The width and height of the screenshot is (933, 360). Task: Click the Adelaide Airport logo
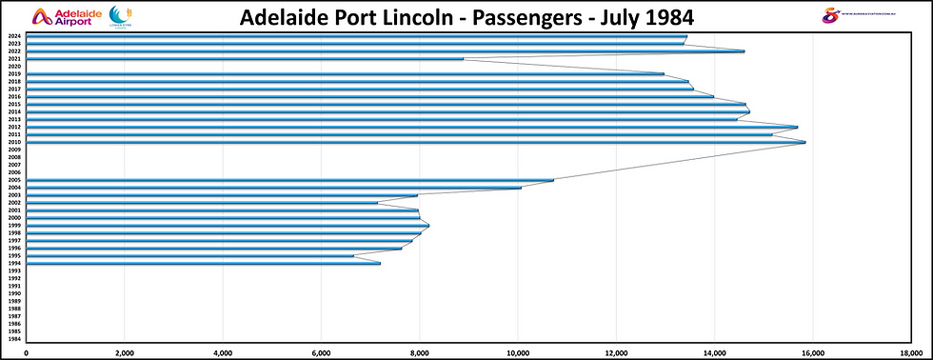click(63, 17)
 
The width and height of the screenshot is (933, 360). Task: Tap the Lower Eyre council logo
click(122, 17)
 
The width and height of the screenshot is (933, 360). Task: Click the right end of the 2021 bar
click(463, 58)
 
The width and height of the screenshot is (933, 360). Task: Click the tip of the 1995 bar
click(353, 255)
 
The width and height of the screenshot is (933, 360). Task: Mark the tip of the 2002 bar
click(377, 202)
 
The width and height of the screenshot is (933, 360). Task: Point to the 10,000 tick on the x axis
click(517, 352)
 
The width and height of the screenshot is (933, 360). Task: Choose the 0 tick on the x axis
click(26, 352)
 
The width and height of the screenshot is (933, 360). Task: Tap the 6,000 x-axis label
click(321, 352)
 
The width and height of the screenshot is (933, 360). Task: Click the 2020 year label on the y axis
click(14, 66)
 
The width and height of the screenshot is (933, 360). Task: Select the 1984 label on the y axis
click(14, 339)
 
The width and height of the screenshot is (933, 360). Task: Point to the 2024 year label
click(14, 36)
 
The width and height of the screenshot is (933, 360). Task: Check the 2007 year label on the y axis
click(14, 165)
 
